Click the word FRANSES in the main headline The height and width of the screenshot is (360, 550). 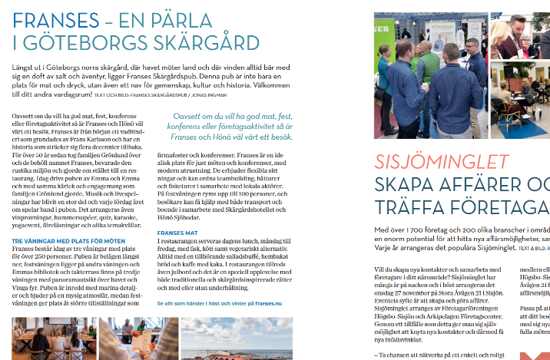click(51, 20)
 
